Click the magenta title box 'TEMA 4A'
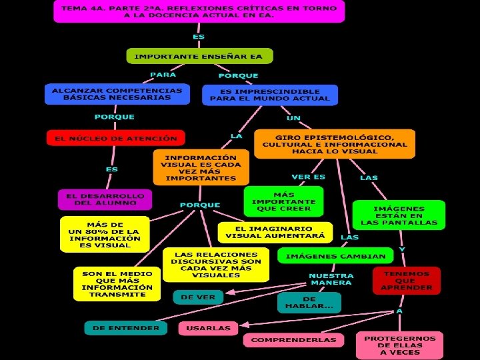tap(199, 11)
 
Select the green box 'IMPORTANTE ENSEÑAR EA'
tap(199, 56)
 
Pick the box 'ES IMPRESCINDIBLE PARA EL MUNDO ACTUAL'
tap(269, 95)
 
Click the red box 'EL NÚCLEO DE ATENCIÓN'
tap(115, 138)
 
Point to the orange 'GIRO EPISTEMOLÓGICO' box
tap(334, 144)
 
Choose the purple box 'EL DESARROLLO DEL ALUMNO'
tap(105, 199)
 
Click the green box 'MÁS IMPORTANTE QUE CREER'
tap(283, 201)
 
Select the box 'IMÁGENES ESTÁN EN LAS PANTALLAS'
tap(399, 215)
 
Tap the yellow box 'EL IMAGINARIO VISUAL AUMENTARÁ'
tap(275, 231)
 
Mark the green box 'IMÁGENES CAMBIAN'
tap(335, 256)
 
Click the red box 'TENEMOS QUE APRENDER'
tap(407, 281)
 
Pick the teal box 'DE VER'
tap(198, 297)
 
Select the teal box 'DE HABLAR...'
tap(309, 303)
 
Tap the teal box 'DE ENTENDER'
tap(125, 327)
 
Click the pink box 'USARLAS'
tap(208, 327)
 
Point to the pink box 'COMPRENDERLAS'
tap(293, 339)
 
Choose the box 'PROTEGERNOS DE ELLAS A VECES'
tap(399, 345)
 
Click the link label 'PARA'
tap(163, 75)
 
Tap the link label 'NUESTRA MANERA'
tap(331, 279)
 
